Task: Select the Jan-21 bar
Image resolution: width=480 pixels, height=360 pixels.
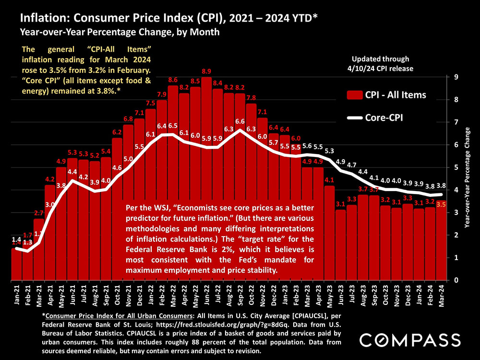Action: [17, 264]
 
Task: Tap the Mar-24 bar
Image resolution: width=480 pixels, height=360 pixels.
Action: [441, 240]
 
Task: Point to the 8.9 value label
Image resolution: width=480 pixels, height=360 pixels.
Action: [206, 71]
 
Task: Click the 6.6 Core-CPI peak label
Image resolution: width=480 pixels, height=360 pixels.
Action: [240, 121]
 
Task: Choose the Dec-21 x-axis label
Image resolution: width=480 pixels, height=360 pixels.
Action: [140, 296]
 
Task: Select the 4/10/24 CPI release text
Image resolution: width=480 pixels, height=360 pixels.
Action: [380, 68]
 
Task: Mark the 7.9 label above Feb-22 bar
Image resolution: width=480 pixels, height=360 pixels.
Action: [162, 94]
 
